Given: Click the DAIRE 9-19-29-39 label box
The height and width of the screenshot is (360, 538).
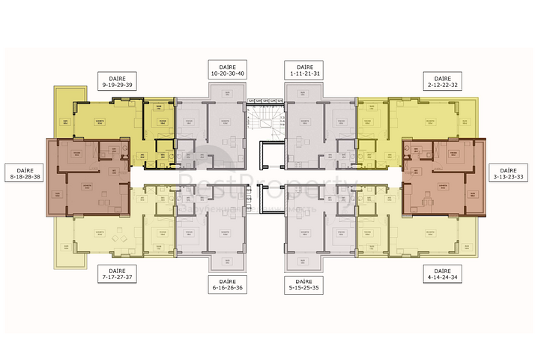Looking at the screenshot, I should pos(117,81).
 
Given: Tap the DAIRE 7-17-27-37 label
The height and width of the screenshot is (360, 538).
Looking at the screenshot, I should pos(117,274).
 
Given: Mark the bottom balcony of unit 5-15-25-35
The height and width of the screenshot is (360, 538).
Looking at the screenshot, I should pos(306,261).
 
